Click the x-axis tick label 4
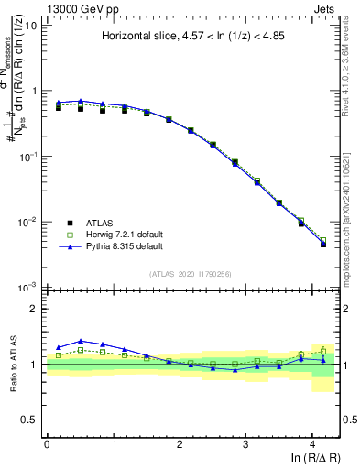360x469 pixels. click(x=312, y=443)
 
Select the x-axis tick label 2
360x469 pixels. click(x=180, y=443)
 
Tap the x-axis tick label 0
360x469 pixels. click(x=47, y=443)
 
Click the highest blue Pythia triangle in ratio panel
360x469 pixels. click(x=81, y=341)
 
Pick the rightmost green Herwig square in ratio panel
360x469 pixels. click(x=323, y=350)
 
